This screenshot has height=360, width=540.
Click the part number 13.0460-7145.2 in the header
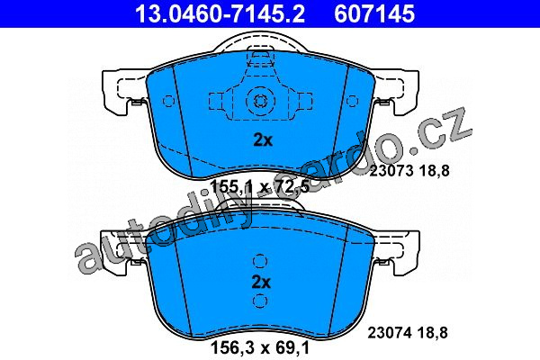click(220, 14)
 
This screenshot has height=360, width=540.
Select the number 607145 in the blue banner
click(374, 14)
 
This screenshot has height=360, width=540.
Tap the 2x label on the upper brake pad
click(263, 140)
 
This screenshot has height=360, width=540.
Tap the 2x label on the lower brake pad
click(261, 282)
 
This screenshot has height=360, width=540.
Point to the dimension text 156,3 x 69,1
click(260, 347)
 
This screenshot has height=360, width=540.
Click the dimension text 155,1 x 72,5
click(260, 187)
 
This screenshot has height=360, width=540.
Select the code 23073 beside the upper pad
click(391, 170)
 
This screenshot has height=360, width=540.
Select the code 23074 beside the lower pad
click(390, 333)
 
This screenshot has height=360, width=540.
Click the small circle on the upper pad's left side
click(168, 102)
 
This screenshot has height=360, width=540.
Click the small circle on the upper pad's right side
click(352, 102)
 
